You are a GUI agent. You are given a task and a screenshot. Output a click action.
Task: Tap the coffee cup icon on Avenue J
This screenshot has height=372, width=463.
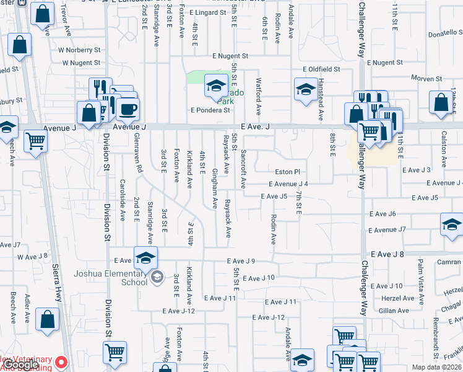(128, 109)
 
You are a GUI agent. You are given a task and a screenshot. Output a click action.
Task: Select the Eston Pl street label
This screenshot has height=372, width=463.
(288, 172)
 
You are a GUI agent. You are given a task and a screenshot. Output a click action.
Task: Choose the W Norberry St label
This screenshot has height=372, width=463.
(79, 50)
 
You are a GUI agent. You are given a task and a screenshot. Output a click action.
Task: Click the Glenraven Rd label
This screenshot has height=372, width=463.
(139, 156)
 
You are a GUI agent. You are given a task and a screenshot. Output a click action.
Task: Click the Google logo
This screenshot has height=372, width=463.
(20, 365)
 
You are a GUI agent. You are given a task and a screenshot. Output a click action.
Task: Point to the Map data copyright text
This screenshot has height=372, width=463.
(436, 366)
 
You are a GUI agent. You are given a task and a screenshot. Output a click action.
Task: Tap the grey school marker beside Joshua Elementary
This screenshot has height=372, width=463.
(157, 277)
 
